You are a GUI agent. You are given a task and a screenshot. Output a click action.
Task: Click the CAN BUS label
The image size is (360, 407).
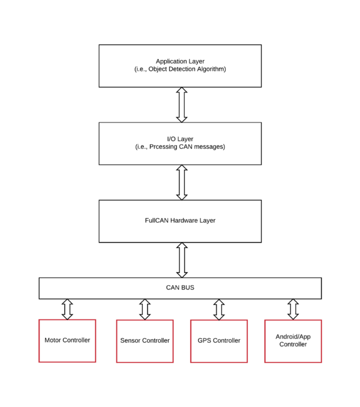point(180,288)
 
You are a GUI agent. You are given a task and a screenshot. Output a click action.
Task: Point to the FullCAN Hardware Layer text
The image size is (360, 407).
point(180,220)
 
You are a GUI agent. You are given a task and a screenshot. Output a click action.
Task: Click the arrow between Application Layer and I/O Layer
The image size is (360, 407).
point(182,105)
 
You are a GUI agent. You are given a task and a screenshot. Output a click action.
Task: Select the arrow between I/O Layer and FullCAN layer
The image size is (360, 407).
point(182,182)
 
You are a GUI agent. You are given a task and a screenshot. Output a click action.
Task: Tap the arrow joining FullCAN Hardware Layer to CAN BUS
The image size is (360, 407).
point(182,260)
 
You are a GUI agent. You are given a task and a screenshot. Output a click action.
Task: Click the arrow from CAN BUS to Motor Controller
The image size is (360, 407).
point(67,309)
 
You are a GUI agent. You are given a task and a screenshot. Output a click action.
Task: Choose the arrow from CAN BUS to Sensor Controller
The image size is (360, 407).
point(145,309)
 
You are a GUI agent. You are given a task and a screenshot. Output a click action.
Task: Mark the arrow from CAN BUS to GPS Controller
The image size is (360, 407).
point(219,309)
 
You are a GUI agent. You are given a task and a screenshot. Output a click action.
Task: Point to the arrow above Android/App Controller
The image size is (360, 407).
point(293,309)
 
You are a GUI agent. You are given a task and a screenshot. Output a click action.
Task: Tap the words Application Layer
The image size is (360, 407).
point(180,61)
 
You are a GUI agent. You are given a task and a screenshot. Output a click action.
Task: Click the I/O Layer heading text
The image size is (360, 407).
point(180,139)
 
